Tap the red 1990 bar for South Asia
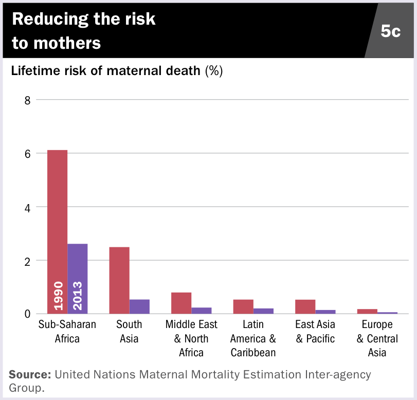pos(119,280)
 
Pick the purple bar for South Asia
pos(139,306)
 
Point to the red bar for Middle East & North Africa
pos(181,303)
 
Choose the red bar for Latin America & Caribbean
pos(243,306)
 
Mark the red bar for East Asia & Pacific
pos(305,306)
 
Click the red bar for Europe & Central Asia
pos(367,311)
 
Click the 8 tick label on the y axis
pos(28,100)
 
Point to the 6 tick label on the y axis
pos(28,154)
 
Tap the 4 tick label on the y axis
pos(28,207)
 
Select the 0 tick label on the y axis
pos(28,314)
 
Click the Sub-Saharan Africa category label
pos(67,332)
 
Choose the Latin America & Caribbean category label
pos(253,338)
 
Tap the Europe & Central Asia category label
pos(377,338)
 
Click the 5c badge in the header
pos(390,31)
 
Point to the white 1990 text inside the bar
pos(58,296)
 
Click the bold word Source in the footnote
pos(30,374)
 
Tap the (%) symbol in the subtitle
pos(213,71)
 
